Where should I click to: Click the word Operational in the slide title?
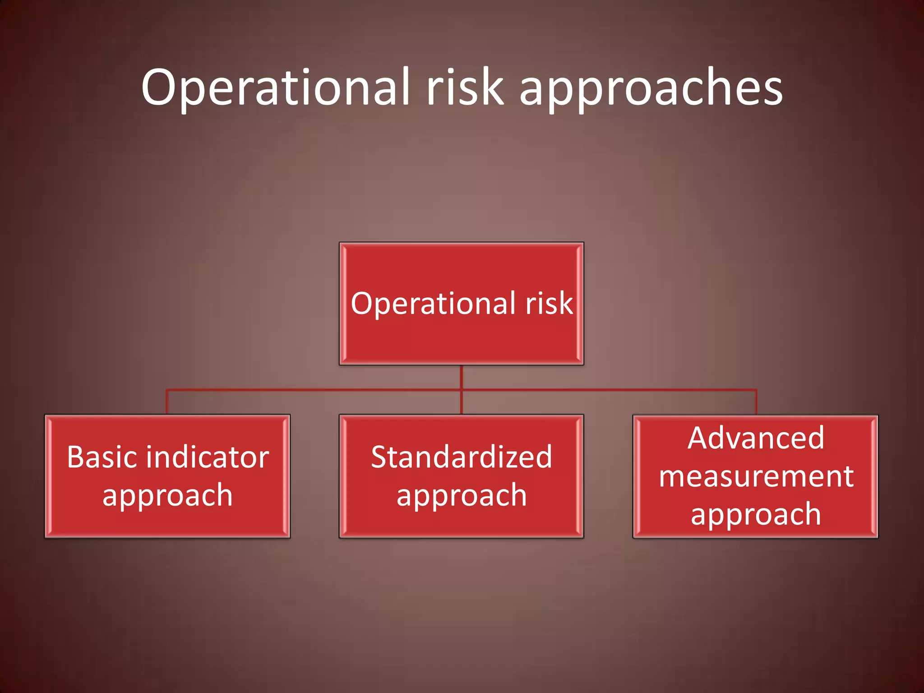pyautogui.click(x=275, y=88)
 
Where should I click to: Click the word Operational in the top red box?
pyautogui.click(x=434, y=304)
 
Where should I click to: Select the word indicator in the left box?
pyautogui.click(x=212, y=457)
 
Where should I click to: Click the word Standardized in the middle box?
pyautogui.click(x=461, y=457)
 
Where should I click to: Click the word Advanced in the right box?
pyautogui.click(x=756, y=438)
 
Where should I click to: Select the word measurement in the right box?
pyautogui.click(x=756, y=476)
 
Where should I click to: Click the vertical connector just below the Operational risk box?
pyautogui.click(x=462, y=377)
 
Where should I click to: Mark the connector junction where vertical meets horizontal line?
pyautogui.click(x=462, y=389)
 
